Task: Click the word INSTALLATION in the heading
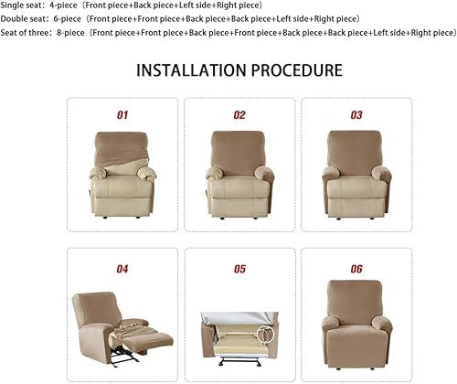[x=191, y=70]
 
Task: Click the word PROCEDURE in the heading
[x=297, y=70]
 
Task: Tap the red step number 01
[x=122, y=115]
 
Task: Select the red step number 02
[x=239, y=115]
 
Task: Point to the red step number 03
[x=356, y=115]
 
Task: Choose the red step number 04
[x=122, y=269]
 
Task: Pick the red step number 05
[x=239, y=269]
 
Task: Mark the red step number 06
[x=356, y=269]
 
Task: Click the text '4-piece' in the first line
[x=63, y=5]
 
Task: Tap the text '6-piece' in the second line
[x=68, y=19]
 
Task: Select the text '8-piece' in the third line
[x=70, y=33]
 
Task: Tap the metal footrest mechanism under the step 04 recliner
[x=124, y=359]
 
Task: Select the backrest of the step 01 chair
[x=121, y=149]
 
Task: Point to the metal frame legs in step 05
[x=239, y=362]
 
